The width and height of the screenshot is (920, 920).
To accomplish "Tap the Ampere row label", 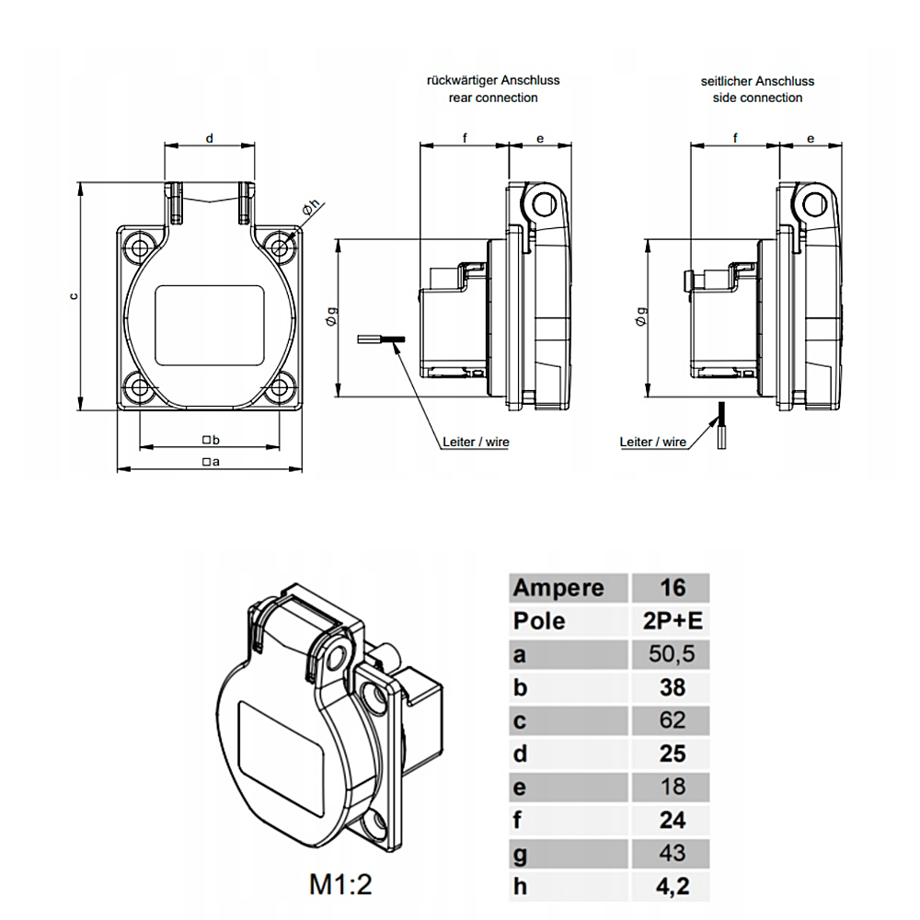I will (558, 588).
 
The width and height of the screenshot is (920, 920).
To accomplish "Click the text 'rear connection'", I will (493, 98).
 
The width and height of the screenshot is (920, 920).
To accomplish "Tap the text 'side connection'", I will (757, 98).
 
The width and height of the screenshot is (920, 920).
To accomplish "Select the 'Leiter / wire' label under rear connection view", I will (475, 442).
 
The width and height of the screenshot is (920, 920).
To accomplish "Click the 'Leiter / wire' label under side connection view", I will (653, 442).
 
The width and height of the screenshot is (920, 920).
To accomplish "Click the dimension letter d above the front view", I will (210, 138).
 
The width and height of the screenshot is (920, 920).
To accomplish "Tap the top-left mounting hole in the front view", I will (142, 247).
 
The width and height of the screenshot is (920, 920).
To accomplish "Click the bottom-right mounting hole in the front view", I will (279, 387).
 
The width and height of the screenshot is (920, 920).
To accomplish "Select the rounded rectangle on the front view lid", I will (210, 325).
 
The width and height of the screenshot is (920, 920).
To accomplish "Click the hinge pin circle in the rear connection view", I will (543, 204).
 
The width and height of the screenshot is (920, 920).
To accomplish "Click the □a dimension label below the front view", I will (211, 462).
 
